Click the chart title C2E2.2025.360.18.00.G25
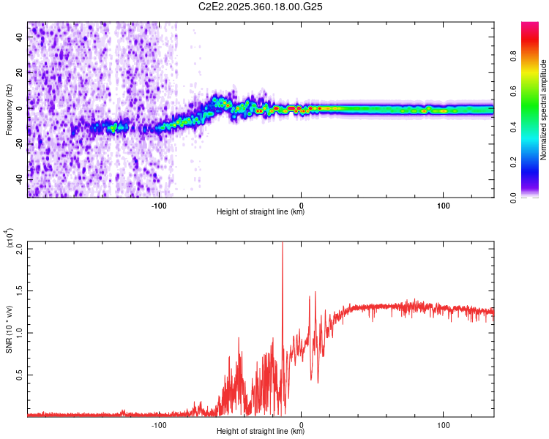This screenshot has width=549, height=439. point(261,7)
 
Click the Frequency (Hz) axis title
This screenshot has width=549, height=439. point(9,110)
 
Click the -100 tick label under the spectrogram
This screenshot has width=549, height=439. point(160,205)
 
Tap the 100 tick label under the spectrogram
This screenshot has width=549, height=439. point(443,205)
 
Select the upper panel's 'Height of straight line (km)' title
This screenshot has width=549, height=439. point(261,212)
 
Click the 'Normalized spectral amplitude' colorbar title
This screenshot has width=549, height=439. point(544,110)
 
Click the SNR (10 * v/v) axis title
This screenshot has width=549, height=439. point(9,329)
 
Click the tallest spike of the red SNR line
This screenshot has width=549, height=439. point(283,245)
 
